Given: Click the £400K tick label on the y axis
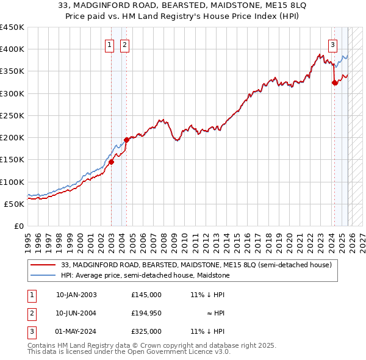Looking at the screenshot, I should point(12,49).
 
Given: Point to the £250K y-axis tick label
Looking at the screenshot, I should point(12,115).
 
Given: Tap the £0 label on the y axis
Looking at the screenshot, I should point(18,226).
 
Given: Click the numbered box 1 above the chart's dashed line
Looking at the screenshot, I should point(109,44).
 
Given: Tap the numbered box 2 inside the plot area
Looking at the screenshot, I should point(124,44).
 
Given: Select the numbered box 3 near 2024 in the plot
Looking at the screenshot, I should point(333,44).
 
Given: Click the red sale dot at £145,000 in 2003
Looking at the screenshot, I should point(111,162).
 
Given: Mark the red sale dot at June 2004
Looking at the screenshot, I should point(126,140).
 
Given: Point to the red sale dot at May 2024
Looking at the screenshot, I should point(334,82).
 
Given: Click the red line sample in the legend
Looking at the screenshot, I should point(43,265).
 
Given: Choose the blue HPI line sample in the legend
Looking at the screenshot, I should point(43,275).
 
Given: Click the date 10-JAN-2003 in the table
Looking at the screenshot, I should point(76,295).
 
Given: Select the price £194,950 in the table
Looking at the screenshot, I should point(146,313).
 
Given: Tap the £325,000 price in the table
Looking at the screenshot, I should point(146,331).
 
